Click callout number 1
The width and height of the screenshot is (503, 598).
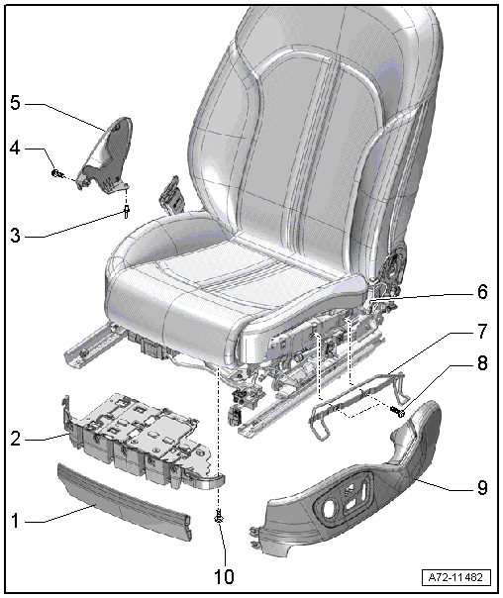tap(15, 521)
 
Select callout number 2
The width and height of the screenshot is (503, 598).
tap(15, 439)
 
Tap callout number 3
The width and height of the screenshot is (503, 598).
tap(15, 236)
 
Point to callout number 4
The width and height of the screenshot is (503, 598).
tap(15, 149)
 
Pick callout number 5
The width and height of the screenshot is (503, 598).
tap(15, 103)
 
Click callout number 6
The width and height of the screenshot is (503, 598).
tap(482, 292)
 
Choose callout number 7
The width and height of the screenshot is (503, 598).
tap(482, 331)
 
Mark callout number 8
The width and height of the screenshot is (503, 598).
tap(482, 363)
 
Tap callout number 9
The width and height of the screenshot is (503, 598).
tap(482, 487)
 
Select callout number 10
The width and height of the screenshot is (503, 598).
tap(224, 576)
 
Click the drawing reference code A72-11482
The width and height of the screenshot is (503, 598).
tap(456, 577)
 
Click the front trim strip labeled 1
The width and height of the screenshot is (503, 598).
tap(124, 502)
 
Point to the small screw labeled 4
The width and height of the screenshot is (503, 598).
tap(56, 173)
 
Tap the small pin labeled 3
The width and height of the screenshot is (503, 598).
tap(126, 211)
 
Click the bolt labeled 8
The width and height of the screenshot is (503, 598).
tap(397, 412)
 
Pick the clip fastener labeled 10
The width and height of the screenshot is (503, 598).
tap(219, 517)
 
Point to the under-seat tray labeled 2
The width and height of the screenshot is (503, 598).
tap(138, 439)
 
